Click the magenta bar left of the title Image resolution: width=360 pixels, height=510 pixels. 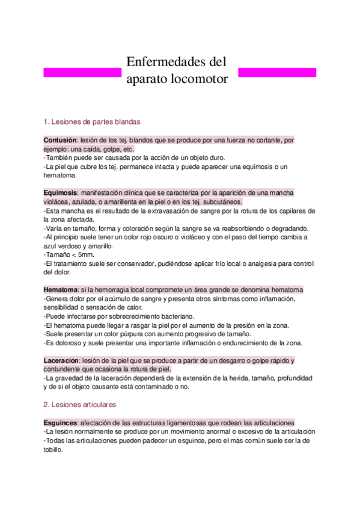click(x=83, y=72)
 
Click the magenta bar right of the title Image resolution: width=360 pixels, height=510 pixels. click(x=277, y=72)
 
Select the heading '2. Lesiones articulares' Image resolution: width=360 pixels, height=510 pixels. click(x=81, y=405)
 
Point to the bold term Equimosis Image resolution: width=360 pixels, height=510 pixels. click(x=61, y=192)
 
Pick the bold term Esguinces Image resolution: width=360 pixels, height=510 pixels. click(x=61, y=423)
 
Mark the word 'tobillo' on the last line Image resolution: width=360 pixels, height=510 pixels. click(x=55, y=449)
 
